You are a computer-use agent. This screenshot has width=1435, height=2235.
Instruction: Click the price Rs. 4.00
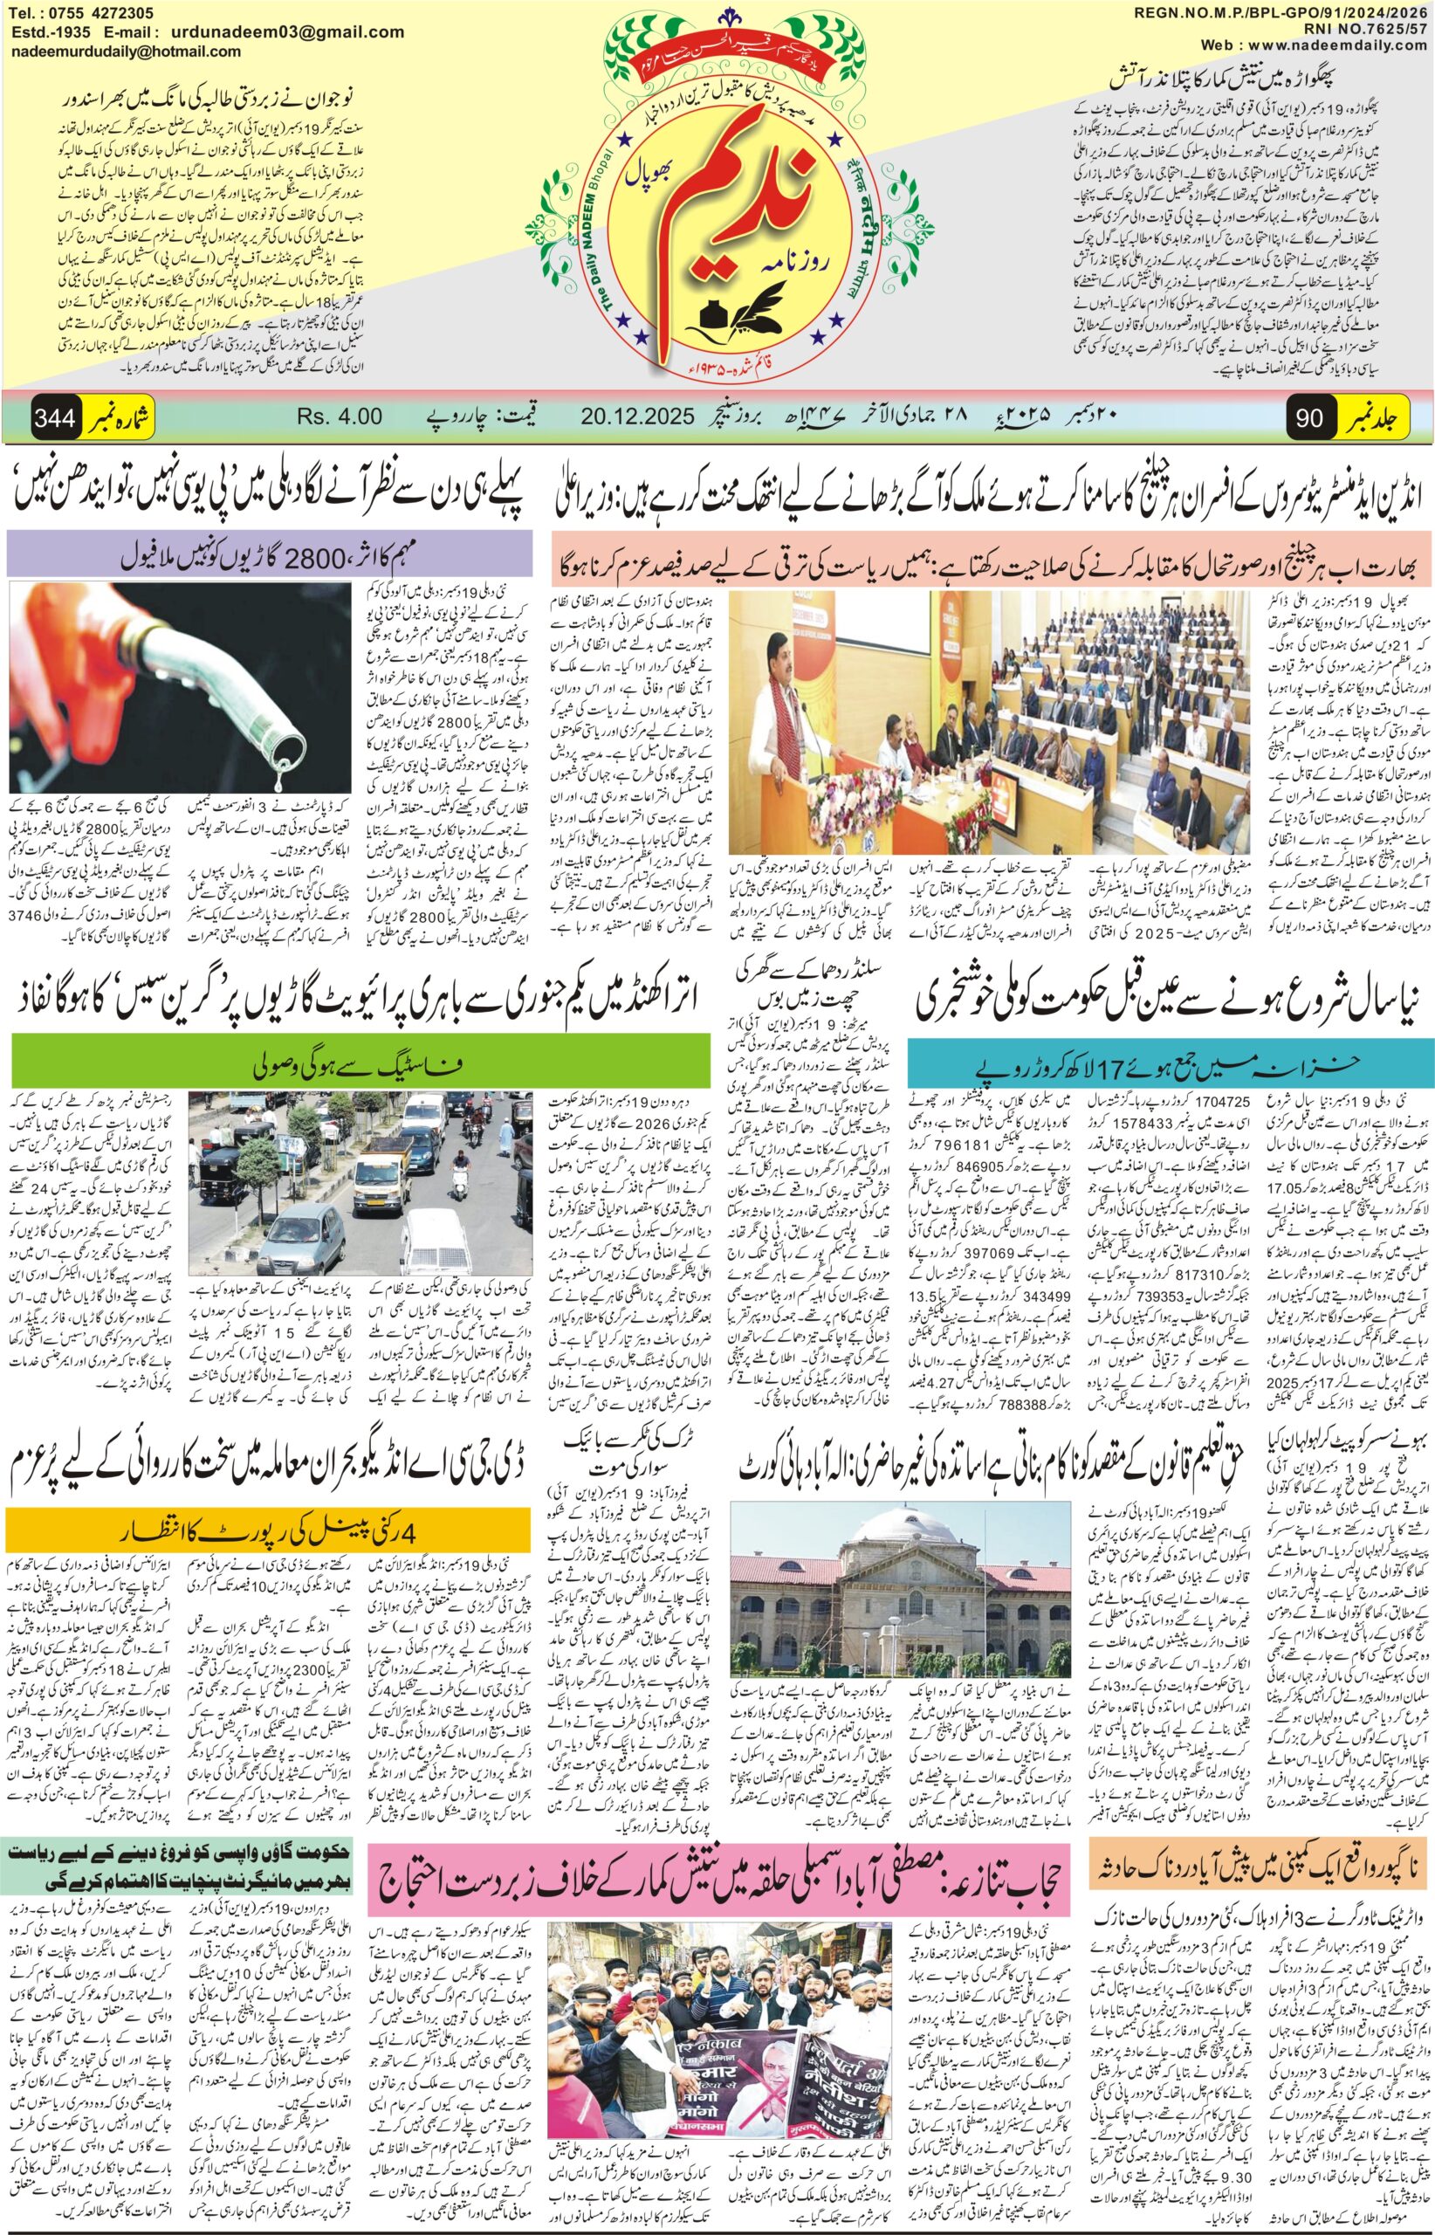[x=343, y=416]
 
